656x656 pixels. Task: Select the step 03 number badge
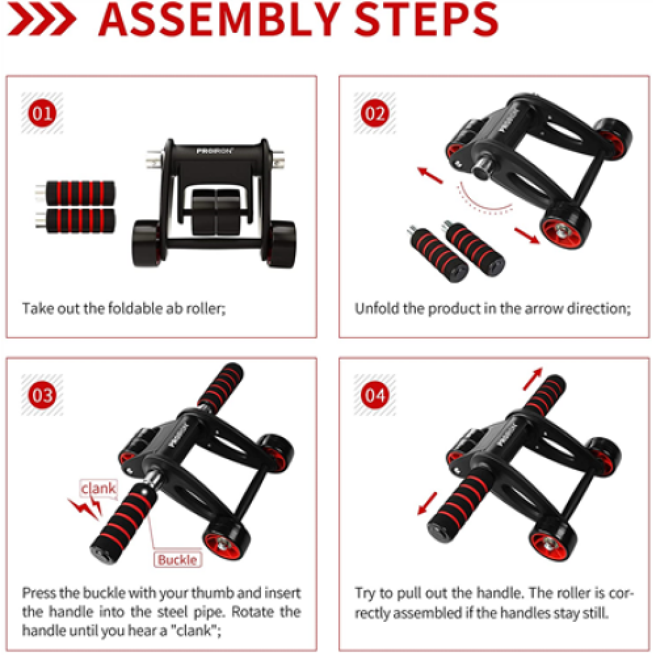pyautogui.click(x=43, y=396)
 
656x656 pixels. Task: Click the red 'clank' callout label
pyautogui.click(x=98, y=487)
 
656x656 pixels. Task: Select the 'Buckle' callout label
pyautogui.click(x=176, y=560)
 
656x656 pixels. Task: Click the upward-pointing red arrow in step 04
pyautogui.click(x=535, y=378)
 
